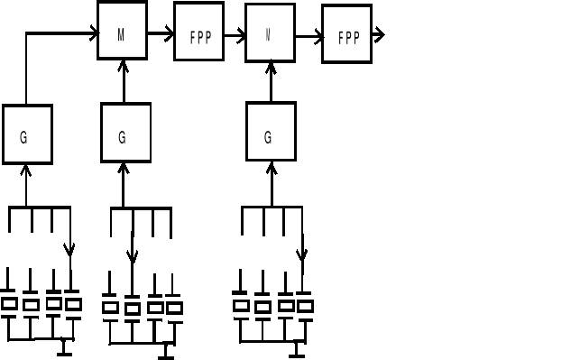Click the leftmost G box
click(x=27, y=134)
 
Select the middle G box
click(x=124, y=133)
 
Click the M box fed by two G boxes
click(x=122, y=34)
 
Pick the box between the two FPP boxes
click(x=270, y=38)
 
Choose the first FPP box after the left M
click(x=198, y=37)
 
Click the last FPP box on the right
click(x=346, y=39)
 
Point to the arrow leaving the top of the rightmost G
click(x=271, y=81)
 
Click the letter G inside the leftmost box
click(x=23, y=137)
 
